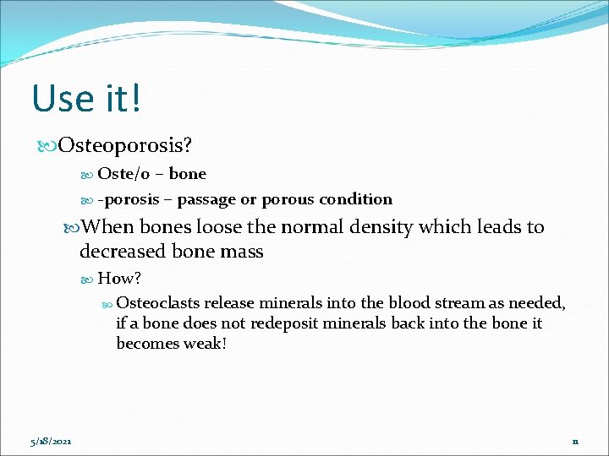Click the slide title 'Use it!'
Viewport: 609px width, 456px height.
pyautogui.click(x=86, y=98)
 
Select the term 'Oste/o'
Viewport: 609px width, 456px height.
pyautogui.click(x=125, y=174)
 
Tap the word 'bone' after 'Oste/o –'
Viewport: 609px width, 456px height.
pyautogui.click(x=187, y=174)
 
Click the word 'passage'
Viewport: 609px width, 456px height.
pyautogui.click(x=207, y=199)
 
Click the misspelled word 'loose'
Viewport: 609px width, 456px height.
pyautogui.click(x=222, y=227)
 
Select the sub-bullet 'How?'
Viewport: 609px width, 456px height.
pyautogui.click(x=119, y=279)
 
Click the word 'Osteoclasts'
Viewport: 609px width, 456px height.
pyautogui.click(x=157, y=303)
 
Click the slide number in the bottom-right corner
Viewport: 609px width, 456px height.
pyautogui.click(x=574, y=441)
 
